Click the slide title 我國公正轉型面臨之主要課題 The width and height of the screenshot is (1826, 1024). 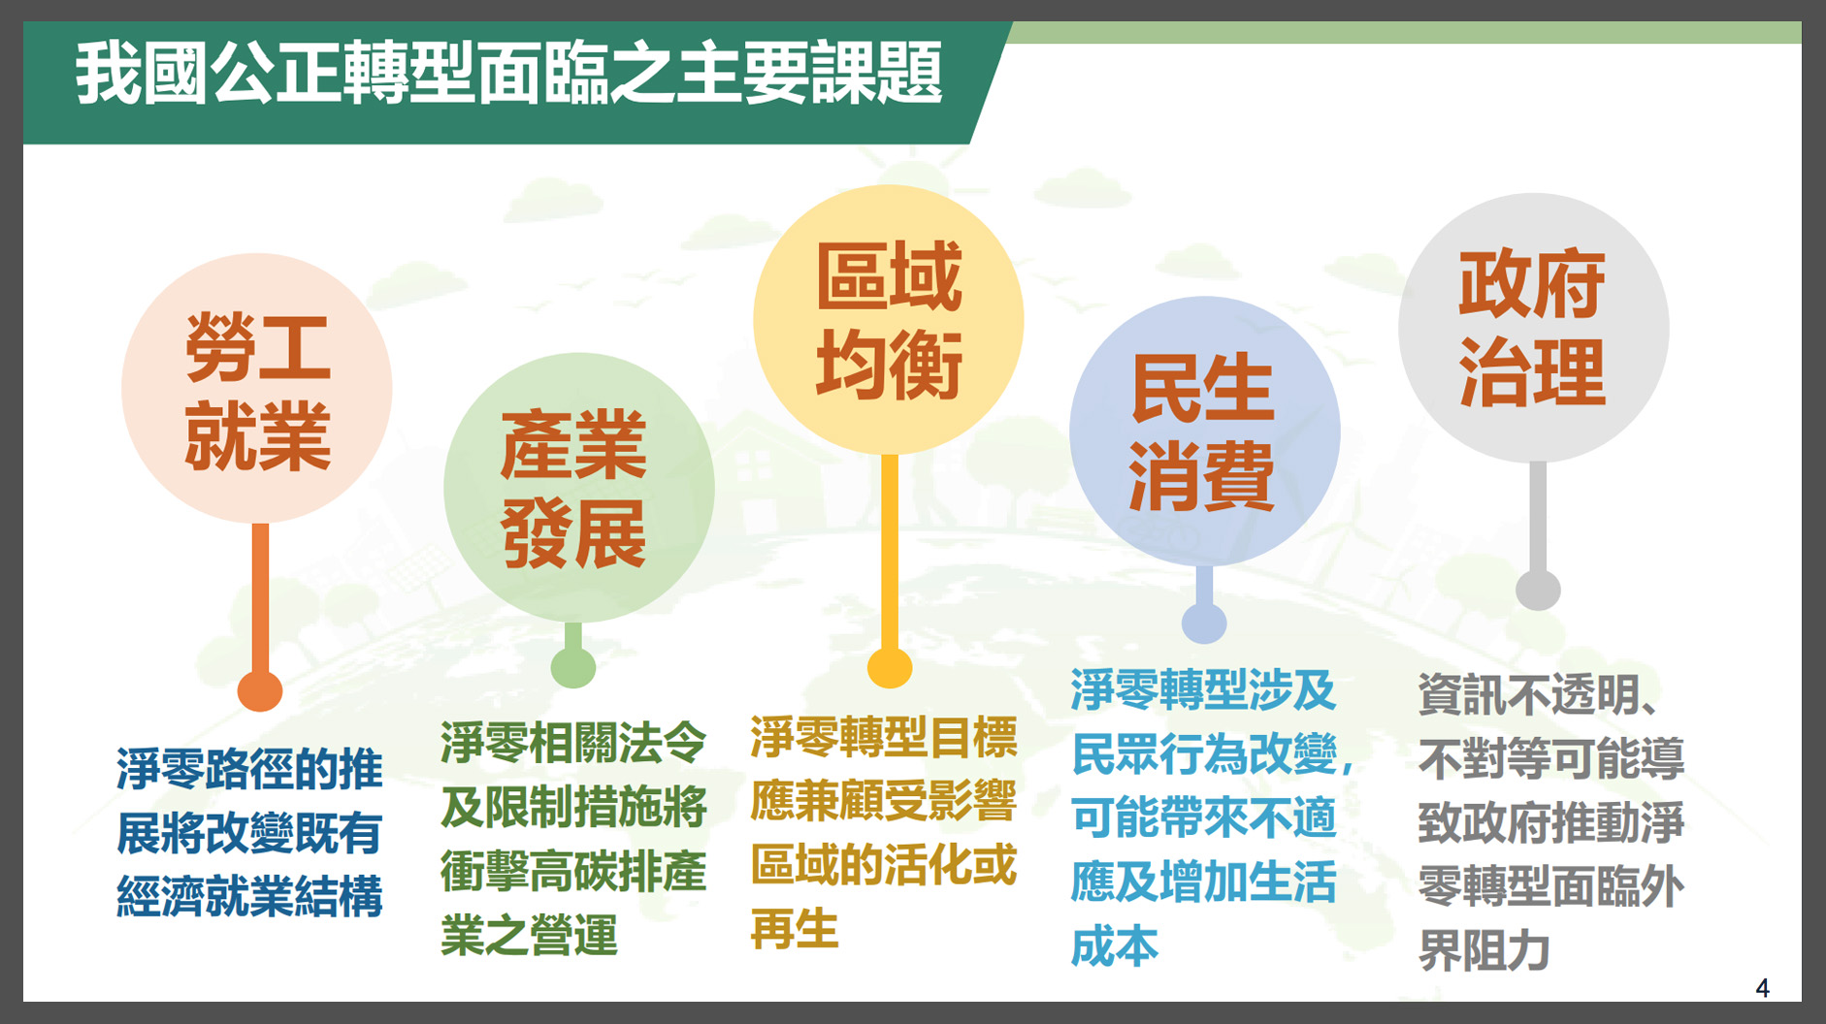click(x=509, y=73)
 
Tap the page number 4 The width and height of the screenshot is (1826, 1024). click(x=1762, y=988)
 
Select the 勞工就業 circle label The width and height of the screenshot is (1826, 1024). click(x=258, y=392)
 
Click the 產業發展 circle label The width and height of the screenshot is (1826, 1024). click(x=573, y=489)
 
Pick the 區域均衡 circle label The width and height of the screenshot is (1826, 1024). click(x=889, y=320)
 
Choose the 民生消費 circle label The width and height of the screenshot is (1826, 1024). click(x=1203, y=432)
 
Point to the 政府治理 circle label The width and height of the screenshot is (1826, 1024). click(x=1533, y=329)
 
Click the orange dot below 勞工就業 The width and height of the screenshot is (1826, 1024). click(x=260, y=690)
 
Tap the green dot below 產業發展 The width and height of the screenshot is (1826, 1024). click(x=573, y=667)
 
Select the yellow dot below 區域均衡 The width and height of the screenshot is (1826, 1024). click(x=890, y=666)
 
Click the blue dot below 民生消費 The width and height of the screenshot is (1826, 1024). click(x=1204, y=623)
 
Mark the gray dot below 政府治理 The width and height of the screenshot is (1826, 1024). click(x=1538, y=589)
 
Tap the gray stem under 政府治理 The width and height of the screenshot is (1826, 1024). click(x=1538, y=517)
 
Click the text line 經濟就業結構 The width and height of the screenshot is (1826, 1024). click(x=250, y=896)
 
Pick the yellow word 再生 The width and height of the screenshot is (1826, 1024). click(x=795, y=929)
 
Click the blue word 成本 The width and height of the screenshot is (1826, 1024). click(x=1115, y=946)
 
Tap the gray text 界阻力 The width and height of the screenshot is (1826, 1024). click(x=1484, y=950)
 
